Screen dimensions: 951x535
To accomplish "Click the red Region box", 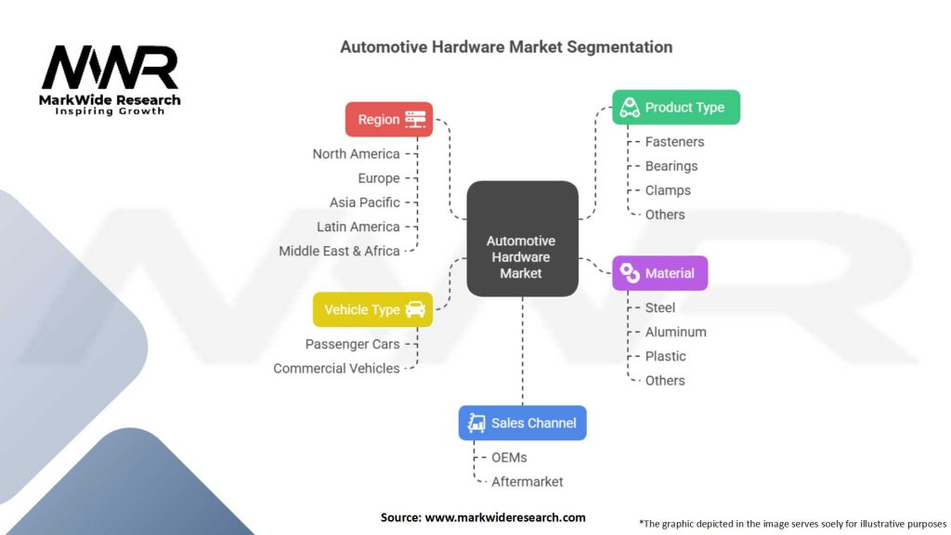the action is (x=389, y=120).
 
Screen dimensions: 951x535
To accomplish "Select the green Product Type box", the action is (x=676, y=108).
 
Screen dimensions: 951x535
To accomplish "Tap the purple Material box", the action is (x=660, y=273).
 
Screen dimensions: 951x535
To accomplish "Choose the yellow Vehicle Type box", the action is (x=372, y=309).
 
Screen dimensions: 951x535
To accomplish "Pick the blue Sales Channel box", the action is (x=522, y=423).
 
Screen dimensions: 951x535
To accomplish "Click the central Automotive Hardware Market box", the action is (x=522, y=239).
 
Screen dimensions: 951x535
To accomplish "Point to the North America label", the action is (x=356, y=154).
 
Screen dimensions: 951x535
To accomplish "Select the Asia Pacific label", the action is (x=364, y=202).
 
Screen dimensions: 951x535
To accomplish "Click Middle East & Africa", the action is (x=339, y=251).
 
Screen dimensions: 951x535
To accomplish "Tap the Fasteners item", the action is (x=674, y=142).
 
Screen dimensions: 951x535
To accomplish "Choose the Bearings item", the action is (x=671, y=166).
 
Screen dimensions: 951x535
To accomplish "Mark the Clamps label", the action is (x=668, y=190).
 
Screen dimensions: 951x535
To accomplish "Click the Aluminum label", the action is (x=676, y=333).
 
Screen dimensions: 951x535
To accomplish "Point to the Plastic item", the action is (x=665, y=357).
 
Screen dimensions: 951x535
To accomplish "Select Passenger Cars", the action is (x=352, y=345).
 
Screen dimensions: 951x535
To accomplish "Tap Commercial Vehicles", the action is (x=336, y=369).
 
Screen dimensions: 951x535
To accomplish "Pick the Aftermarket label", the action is (x=528, y=482).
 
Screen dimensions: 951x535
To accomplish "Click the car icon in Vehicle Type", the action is (x=415, y=309).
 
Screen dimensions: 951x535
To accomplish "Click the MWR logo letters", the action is (x=110, y=67).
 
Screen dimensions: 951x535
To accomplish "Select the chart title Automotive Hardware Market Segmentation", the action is (x=506, y=47).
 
